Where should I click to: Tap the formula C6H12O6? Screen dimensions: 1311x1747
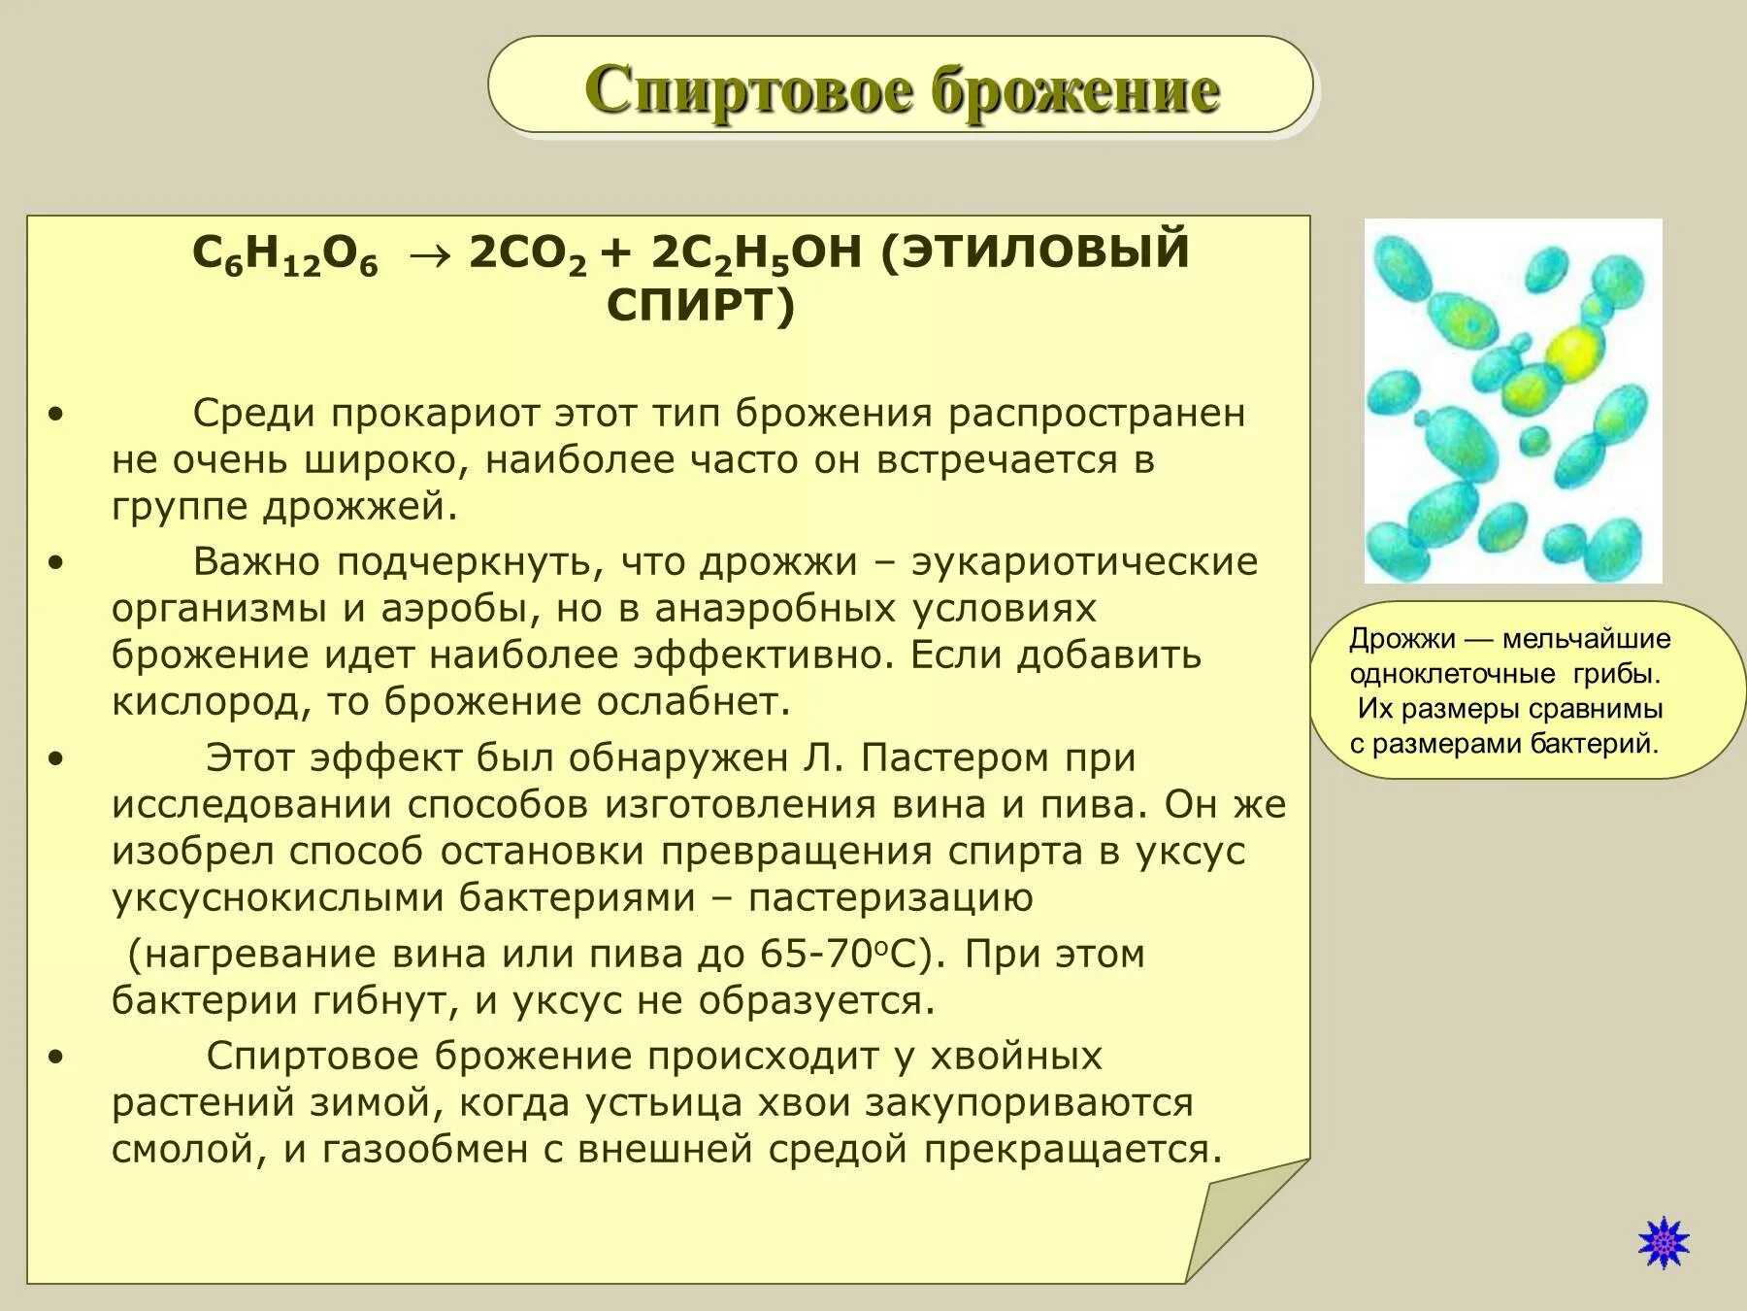tap(284, 254)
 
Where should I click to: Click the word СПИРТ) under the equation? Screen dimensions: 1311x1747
tap(701, 306)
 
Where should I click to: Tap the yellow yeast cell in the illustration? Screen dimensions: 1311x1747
tap(1573, 351)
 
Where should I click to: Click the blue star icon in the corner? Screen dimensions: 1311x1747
tap(1664, 1242)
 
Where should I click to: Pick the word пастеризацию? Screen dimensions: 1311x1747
tap(890, 898)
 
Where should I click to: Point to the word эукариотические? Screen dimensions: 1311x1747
tap(1084, 562)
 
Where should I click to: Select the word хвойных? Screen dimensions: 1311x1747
tap(1016, 1057)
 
